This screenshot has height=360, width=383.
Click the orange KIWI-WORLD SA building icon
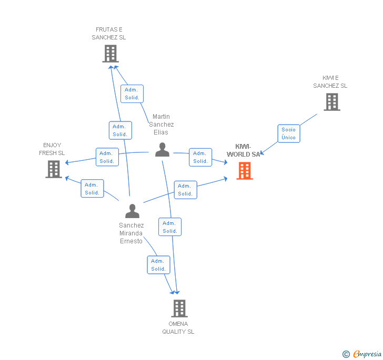tap(245, 171)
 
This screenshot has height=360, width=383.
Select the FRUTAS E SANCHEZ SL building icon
tap(110, 54)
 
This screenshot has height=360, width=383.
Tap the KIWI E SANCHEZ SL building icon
tap(332, 102)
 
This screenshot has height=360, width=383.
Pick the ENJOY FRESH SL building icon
tap(54, 169)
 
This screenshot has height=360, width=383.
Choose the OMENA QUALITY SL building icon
tap(179, 308)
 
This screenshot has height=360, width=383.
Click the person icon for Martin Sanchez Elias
tap(162, 150)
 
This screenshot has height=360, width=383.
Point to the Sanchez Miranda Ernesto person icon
tap(132, 211)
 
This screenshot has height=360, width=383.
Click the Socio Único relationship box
tap(289, 133)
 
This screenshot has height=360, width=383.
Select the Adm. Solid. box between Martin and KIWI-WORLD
tap(200, 157)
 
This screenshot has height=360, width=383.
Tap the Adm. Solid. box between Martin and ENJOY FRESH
tap(107, 157)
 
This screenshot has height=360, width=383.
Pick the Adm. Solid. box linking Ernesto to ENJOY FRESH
tap(92, 189)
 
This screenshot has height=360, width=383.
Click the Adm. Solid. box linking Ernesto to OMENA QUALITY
tap(158, 265)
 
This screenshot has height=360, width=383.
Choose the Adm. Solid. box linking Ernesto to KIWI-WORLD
tap(185, 190)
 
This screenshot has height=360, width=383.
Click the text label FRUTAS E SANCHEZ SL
tap(109, 34)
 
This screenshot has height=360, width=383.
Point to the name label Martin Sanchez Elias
tap(161, 125)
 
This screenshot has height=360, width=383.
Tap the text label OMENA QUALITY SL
tap(178, 327)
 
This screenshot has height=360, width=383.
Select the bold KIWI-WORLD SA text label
tap(244, 150)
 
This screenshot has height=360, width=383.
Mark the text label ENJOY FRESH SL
tap(52, 149)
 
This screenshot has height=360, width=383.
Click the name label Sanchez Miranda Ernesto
tap(131, 233)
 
